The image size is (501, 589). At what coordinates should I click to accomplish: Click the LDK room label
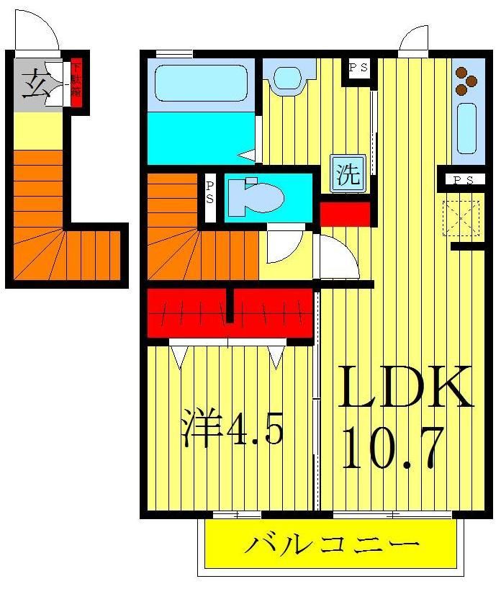point(406,389)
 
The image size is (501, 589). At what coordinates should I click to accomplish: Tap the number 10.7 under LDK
point(392,446)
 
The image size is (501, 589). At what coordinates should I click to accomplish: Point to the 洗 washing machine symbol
point(349,175)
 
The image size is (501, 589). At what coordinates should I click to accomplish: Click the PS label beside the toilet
point(209,192)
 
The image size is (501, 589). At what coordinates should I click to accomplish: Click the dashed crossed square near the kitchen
point(461,217)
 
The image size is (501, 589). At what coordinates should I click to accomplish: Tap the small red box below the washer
point(345,214)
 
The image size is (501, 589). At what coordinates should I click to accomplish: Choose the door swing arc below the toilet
point(284,245)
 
